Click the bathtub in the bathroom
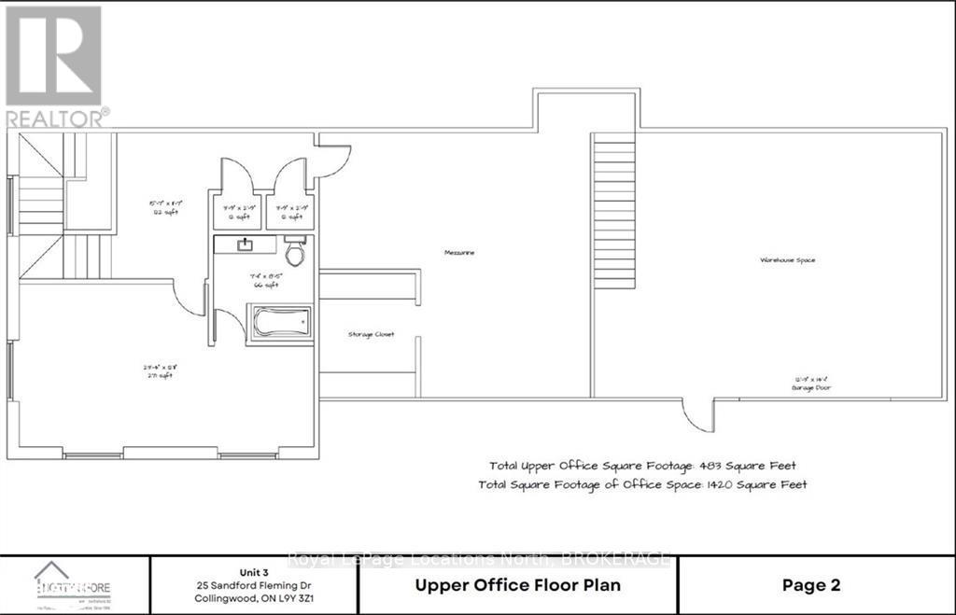click(x=280, y=324)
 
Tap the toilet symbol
click(x=295, y=253)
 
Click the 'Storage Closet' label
click(x=371, y=334)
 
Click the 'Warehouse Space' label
click(x=787, y=259)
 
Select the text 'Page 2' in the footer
click(x=810, y=585)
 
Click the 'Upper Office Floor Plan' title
click(x=517, y=585)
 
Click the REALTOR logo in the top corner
click(x=54, y=65)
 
